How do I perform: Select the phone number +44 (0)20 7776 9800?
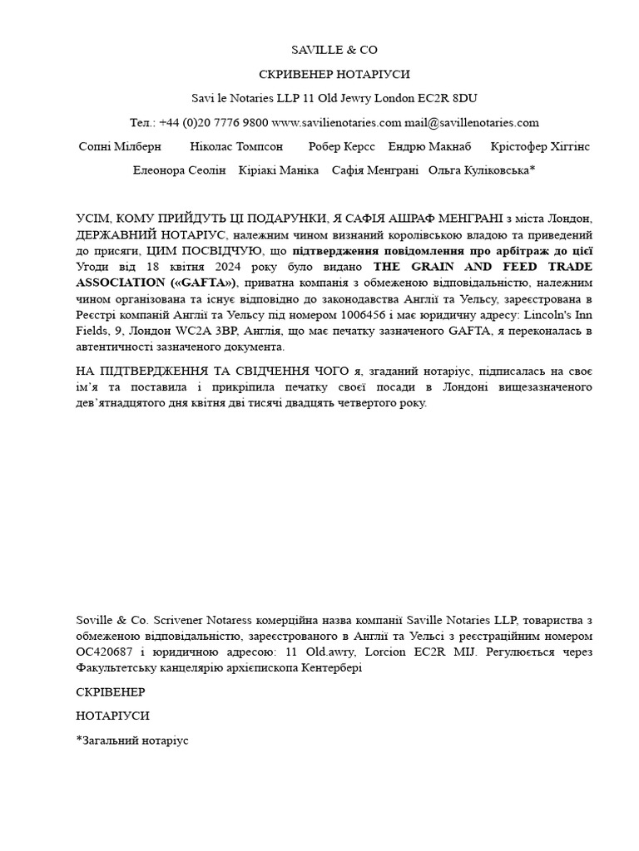tap(212, 122)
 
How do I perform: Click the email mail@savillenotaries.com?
tap(472, 122)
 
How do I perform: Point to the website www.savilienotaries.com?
tap(336, 122)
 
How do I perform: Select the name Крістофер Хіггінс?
tap(540, 146)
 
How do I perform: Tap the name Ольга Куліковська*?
tap(482, 170)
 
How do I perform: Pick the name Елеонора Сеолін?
tap(179, 170)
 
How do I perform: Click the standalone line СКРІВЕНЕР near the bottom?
tap(110, 691)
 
